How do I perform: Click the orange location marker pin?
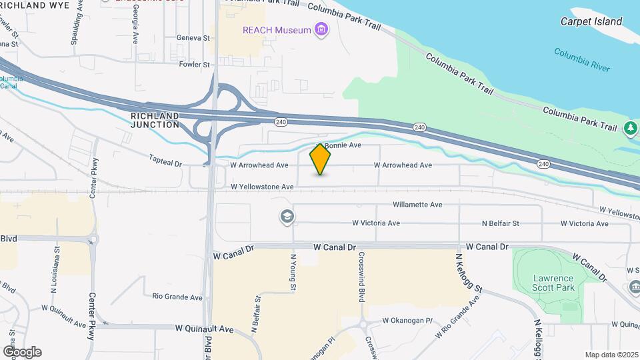point(320,159)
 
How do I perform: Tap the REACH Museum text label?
point(277,30)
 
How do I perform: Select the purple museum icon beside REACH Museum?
point(322,29)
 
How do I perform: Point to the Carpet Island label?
point(591,21)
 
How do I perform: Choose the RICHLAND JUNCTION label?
point(155,120)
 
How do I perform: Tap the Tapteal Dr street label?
point(165,162)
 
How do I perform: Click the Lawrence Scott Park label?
point(553,283)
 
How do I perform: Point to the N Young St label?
point(293,271)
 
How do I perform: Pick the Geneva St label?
point(193,38)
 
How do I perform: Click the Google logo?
point(22,352)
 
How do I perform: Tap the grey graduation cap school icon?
point(287,217)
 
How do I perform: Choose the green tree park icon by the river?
point(630,127)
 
